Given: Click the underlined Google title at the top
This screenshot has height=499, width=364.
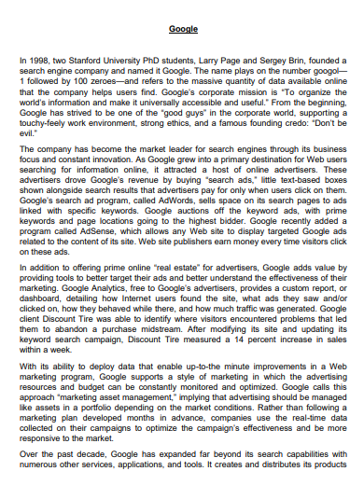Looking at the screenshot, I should [183, 30].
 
